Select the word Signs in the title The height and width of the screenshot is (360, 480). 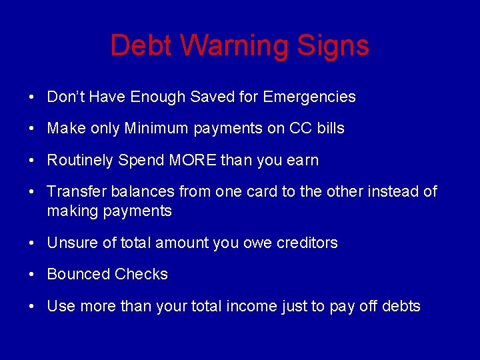tap(333, 45)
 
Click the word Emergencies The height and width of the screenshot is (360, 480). tap(309, 97)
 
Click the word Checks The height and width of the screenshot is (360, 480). tap(141, 274)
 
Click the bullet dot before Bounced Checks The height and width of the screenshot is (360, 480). tap(32, 275)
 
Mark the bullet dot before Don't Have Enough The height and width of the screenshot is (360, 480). tap(32, 97)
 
